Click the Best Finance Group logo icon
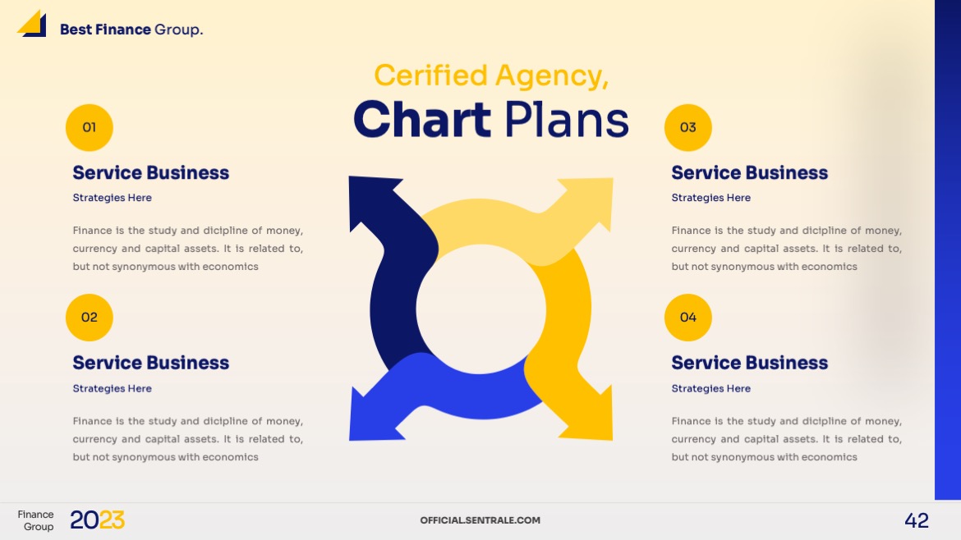[32, 24]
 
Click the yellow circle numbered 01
[89, 127]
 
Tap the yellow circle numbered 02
[89, 318]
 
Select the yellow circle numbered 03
[687, 127]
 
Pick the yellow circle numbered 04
[687, 318]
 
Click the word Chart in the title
[422, 119]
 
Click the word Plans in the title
[566, 119]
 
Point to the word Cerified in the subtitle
[430, 76]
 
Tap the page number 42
[917, 520]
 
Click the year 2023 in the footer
[97, 520]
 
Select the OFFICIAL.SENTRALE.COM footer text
[480, 520]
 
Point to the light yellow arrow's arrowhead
[593, 199]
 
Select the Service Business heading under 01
[151, 173]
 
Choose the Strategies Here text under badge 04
[711, 388]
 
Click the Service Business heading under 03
[750, 173]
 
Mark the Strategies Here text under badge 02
[113, 388]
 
